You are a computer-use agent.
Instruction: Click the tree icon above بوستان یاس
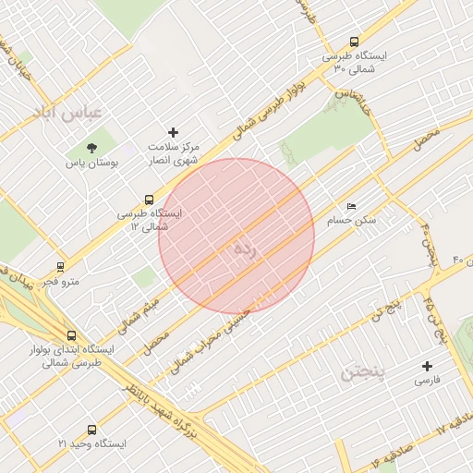(x=91, y=148)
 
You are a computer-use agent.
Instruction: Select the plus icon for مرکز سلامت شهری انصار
(x=173, y=132)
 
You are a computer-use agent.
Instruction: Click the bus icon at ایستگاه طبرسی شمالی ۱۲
(x=150, y=199)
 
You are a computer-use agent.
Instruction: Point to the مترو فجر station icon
(x=61, y=266)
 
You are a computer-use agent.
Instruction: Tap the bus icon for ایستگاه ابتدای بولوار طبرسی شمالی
(x=72, y=335)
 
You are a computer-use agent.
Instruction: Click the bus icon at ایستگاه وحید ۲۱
(x=91, y=430)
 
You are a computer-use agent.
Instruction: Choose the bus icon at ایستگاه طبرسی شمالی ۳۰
(x=355, y=41)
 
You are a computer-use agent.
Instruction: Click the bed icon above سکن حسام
(x=350, y=206)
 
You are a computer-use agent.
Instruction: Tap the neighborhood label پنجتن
(x=367, y=373)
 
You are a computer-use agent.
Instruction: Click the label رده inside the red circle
(x=243, y=249)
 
